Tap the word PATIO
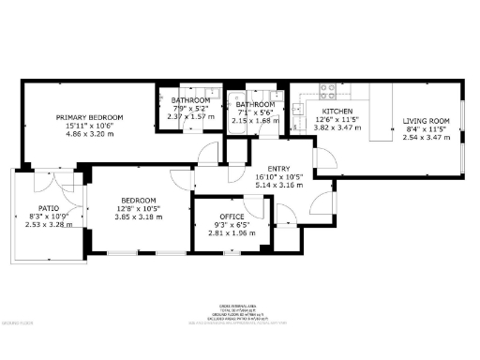(49, 208)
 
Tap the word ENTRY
(274, 169)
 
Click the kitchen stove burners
(329, 92)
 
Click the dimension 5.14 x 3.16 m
(274, 186)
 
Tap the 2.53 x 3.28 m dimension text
(49, 225)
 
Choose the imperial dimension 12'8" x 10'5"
(139, 208)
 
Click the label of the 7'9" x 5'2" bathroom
(190, 101)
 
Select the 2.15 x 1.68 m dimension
(255, 121)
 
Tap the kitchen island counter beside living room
(380, 112)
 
